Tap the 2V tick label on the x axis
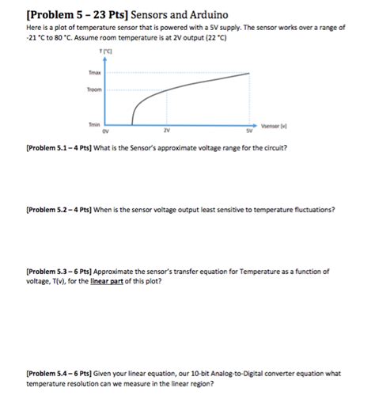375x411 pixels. click(165, 131)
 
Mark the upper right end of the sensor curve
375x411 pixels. click(252, 74)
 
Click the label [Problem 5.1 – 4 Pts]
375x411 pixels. click(59, 148)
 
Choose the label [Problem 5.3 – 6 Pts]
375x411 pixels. click(59, 271)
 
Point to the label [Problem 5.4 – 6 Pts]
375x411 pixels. click(59, 373)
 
